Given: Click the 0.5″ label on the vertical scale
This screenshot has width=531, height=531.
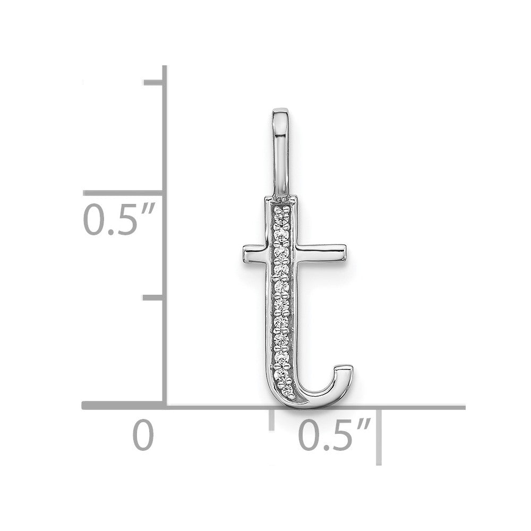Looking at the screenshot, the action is point(119,219).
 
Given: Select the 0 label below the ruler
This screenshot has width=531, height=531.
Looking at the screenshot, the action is point(143,435).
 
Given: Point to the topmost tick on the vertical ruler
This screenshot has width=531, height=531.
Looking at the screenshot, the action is point(153,83).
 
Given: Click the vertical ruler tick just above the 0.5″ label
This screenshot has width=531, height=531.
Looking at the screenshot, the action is point(123,193).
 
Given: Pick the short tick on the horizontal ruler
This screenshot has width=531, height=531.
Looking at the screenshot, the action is point(271,419).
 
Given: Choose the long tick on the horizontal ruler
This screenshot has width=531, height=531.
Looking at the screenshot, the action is point(379,437).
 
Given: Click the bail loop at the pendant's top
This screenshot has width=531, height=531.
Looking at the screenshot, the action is point(281,152).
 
